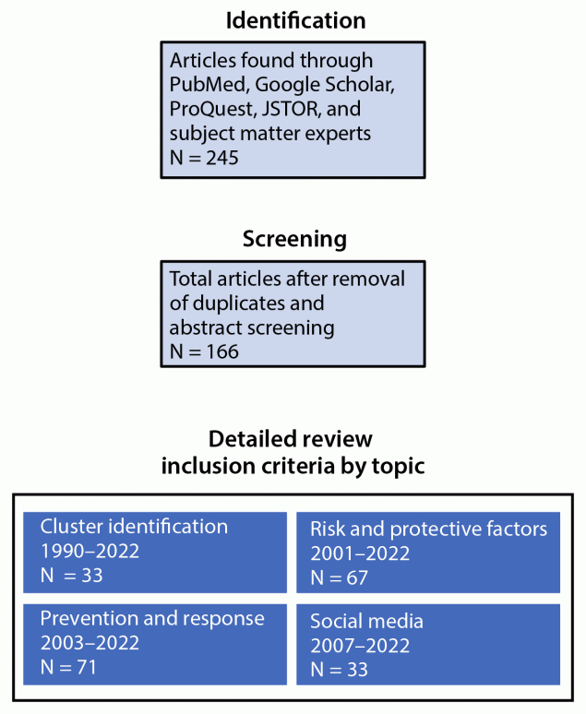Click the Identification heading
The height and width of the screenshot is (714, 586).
point(293,20)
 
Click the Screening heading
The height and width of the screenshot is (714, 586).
point(294,240)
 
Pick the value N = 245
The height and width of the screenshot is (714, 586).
point(204,158)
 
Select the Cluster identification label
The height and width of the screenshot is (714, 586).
point(134,527)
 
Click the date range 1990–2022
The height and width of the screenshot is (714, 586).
point(90,552)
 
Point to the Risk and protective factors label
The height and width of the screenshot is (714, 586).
point(429,529)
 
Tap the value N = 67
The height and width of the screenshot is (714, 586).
point(339,577)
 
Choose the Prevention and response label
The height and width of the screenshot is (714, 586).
point(152,619)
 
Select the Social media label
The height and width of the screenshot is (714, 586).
point(367,621)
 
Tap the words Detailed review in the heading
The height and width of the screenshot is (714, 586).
point(291,439)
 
